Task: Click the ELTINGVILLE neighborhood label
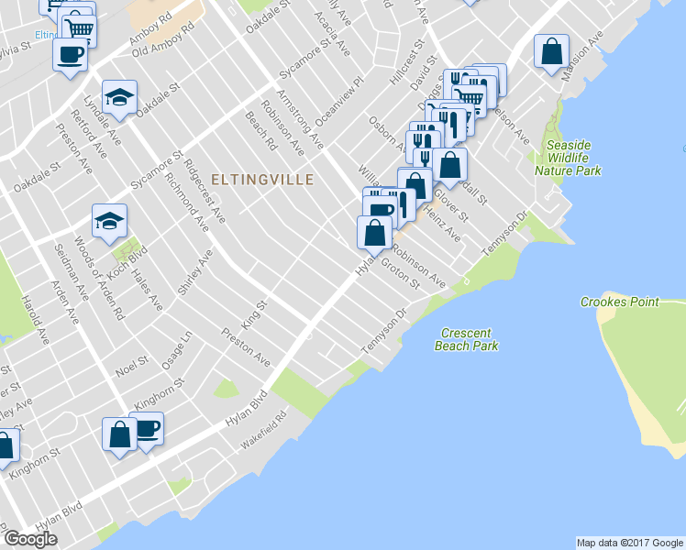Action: (x=261, y=180)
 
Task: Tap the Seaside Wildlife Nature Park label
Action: (x=569, y=158)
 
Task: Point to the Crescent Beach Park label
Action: (x=468, y=339)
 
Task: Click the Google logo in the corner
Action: (x=29, y=539)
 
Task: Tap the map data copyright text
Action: (x=630, y=543)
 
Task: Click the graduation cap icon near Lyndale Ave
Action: (x=118, y=98)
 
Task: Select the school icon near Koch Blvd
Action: (x=109, y=221)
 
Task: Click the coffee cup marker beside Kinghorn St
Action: (x=146, y=427)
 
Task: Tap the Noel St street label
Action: (x=131, y=367)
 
